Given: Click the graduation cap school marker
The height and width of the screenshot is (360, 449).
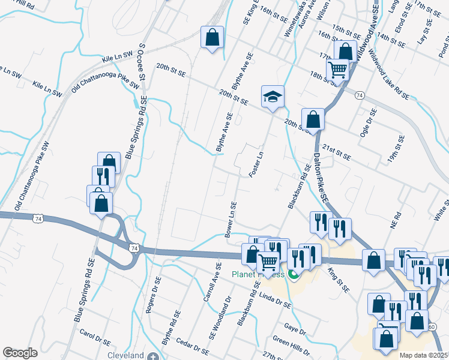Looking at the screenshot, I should click(273, 97).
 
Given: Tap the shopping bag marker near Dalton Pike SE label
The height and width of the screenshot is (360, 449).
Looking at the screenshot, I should click(313, 119).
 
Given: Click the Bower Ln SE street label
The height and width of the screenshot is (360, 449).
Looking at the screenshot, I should click(230, 220).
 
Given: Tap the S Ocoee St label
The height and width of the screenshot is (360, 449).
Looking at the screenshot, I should click(142, 62).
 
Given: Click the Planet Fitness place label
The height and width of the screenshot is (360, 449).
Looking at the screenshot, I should click(258, 275).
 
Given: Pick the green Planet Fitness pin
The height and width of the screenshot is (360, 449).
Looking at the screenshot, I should click(293, 275).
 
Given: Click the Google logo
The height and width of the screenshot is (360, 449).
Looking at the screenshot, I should click(20, 353).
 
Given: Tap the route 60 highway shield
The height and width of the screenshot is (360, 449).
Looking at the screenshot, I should click(432, 327).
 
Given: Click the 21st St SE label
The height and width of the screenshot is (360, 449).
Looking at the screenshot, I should click(336, 152).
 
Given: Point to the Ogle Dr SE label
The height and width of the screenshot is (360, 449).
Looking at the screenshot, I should click(367, 123).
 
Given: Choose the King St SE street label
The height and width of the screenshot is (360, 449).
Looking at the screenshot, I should click(339, 280).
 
